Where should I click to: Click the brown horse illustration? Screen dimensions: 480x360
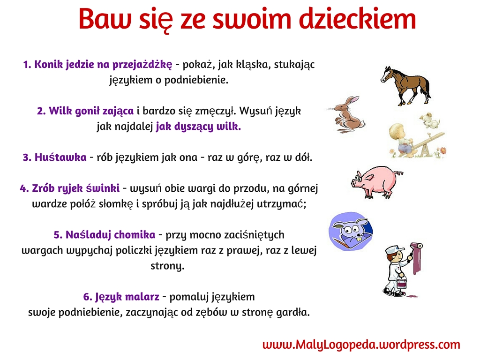[405, 86]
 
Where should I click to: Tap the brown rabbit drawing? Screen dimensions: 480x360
[347, 114]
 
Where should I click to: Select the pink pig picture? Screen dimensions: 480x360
[376, 182]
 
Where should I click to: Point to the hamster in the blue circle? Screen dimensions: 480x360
[351, 231]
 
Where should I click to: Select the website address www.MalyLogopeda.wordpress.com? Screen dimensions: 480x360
[361, 345]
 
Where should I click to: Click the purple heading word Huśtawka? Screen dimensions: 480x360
[60, 157]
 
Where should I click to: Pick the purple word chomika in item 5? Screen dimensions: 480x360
[135, 235]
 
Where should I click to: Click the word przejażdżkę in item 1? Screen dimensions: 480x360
[142, 65]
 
